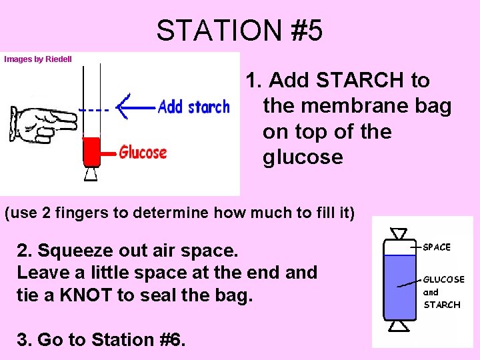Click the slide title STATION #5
[239, 30]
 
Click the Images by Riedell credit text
[38, 59]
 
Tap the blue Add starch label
[193, 107]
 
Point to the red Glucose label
[143, 153]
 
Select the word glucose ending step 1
[303, 157]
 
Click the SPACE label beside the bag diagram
[437, 247]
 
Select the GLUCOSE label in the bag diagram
[444, 279]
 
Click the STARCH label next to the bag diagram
[442, 305]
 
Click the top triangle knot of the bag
[399, 234]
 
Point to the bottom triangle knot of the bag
[399, 325]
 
